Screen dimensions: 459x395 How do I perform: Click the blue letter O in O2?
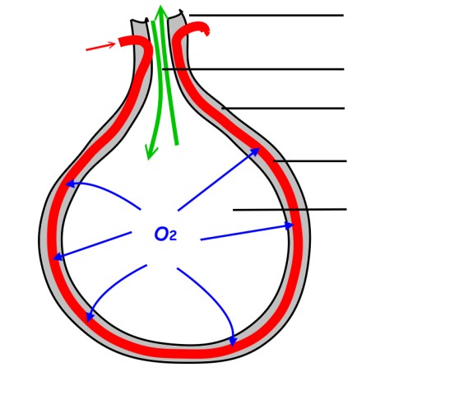(160, 235)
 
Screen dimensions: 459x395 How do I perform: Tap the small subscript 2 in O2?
(173, 236)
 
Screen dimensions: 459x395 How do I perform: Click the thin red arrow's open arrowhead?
(111, 44)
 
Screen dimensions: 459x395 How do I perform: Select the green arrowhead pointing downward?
(151, 152)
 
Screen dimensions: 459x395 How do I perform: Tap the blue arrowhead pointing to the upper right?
(255, 151)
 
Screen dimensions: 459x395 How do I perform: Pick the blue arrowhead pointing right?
(289, 225)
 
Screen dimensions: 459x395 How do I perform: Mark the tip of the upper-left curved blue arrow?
(65, 184)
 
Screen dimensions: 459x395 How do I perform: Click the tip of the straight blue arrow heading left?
(53, 259)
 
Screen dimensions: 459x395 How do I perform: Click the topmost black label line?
(267, 16)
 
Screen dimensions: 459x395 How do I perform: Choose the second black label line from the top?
(253, 69)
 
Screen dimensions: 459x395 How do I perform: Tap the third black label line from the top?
(283, 109)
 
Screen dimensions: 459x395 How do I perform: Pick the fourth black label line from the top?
(310, 161)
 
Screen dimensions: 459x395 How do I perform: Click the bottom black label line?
(290, 210)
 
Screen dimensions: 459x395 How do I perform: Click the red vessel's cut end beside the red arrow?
(122, 42)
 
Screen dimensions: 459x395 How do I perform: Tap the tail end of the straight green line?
(177, 144)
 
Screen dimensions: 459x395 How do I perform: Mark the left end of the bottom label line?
(234, 210)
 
